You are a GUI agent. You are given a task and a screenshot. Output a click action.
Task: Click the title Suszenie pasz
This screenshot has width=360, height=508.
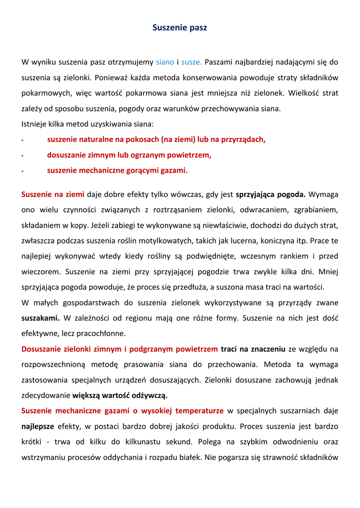pyautogui.click(x=179, y=28)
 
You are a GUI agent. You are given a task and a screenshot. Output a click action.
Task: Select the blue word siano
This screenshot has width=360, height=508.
pyautogui.click(x=165, y=62)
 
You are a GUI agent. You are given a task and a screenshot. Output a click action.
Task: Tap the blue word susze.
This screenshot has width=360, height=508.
pyautogui.click(x=191, y=62)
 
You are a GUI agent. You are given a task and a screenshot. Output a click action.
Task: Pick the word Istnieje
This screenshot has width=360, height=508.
pyautogui.click(x=35, y=124)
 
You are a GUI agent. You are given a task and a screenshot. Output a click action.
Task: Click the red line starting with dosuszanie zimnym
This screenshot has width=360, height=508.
pyautogui.click(x=129, y=155)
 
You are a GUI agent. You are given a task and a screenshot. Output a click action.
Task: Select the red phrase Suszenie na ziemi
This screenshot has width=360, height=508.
pyautogui.click(x=53, y=194)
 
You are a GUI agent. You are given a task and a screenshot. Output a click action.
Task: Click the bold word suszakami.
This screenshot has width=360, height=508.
pyautogui.click(x=40, y=318)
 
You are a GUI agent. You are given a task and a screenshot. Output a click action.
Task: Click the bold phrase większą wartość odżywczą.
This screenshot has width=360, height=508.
pyautogui.click(x=120, y=395)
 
